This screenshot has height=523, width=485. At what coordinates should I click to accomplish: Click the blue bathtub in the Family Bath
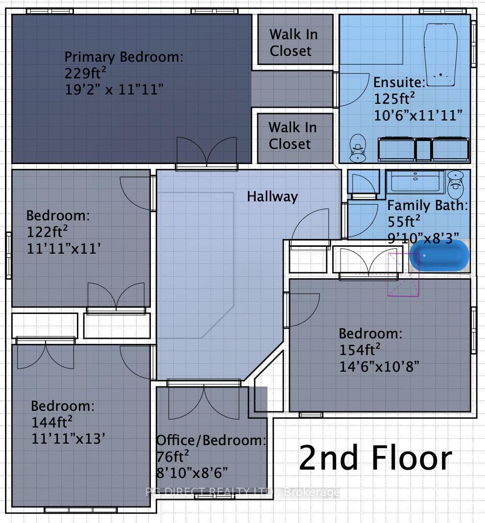point(439,256)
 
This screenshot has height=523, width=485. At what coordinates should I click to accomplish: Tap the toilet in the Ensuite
point(358,148)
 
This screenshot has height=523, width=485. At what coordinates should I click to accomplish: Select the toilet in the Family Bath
point(455,185)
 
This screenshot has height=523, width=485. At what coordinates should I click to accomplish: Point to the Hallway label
point(272,196)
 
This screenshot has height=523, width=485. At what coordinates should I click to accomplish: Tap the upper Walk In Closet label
point(293,43)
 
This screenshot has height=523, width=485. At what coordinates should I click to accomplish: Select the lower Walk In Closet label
point(292,136)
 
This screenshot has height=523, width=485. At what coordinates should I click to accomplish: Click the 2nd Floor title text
point(375,457)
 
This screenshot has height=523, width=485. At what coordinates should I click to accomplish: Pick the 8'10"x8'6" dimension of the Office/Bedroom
point(192,473)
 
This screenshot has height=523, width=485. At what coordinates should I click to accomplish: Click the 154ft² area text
point(360,350)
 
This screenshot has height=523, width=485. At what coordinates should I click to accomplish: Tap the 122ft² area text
point(47,232)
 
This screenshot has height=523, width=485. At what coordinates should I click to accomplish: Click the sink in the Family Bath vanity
point(415,176)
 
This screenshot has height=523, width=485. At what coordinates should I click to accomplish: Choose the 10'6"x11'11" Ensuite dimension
point(418,116)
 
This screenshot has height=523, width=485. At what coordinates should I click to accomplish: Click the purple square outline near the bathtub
point(403,275)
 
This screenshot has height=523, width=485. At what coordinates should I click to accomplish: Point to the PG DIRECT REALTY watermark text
point(242,492)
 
